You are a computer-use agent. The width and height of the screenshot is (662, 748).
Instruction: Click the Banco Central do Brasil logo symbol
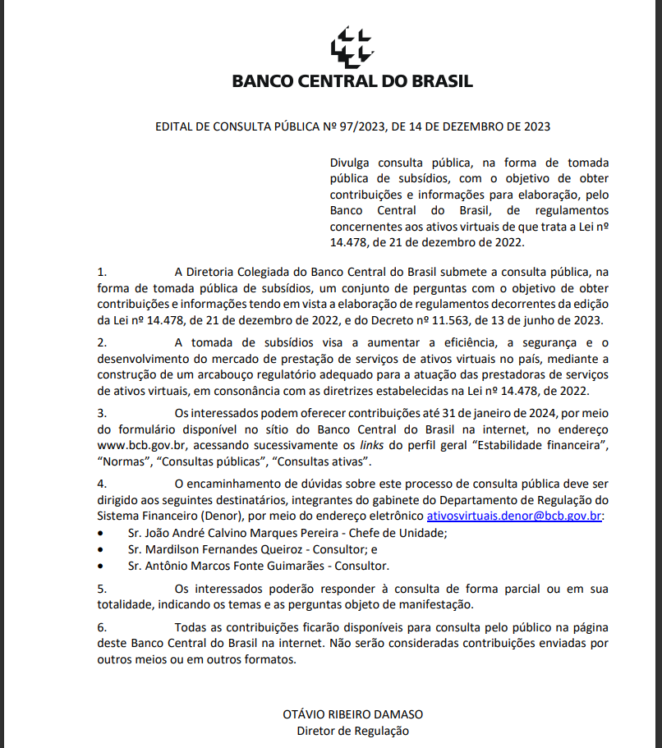(x=352, y=48)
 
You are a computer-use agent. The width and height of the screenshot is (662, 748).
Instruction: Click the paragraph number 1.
(x=101, y=270)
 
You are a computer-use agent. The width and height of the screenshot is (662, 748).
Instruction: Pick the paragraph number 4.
(x=101, y=483)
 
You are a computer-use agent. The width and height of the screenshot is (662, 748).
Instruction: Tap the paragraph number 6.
(x=101, y=626)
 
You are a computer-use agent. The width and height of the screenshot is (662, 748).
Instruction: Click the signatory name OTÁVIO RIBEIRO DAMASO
(x=353, y=714)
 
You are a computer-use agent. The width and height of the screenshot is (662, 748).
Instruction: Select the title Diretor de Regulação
(x=353, y=730)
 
